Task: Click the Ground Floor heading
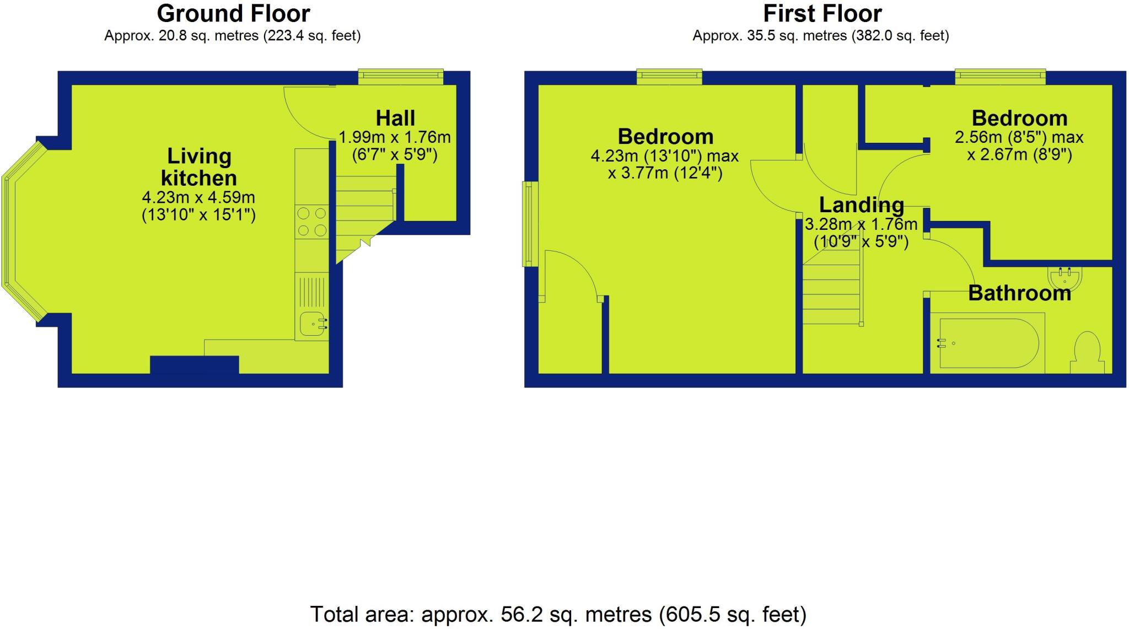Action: [233, 14]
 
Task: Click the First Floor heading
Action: [822, 14]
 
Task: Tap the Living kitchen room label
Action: [198, 167]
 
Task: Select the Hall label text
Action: [395, 119]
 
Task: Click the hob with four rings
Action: [311, 221]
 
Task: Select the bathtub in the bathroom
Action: [987, 343]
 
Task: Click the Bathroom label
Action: [1019, 293]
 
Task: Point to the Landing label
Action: [861, 205]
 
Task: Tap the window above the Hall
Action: [401, 77]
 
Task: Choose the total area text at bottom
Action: [558, 614]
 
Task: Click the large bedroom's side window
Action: [530, 224]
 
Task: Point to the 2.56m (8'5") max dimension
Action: [1019, 137]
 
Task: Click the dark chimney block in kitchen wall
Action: [194, 365]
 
